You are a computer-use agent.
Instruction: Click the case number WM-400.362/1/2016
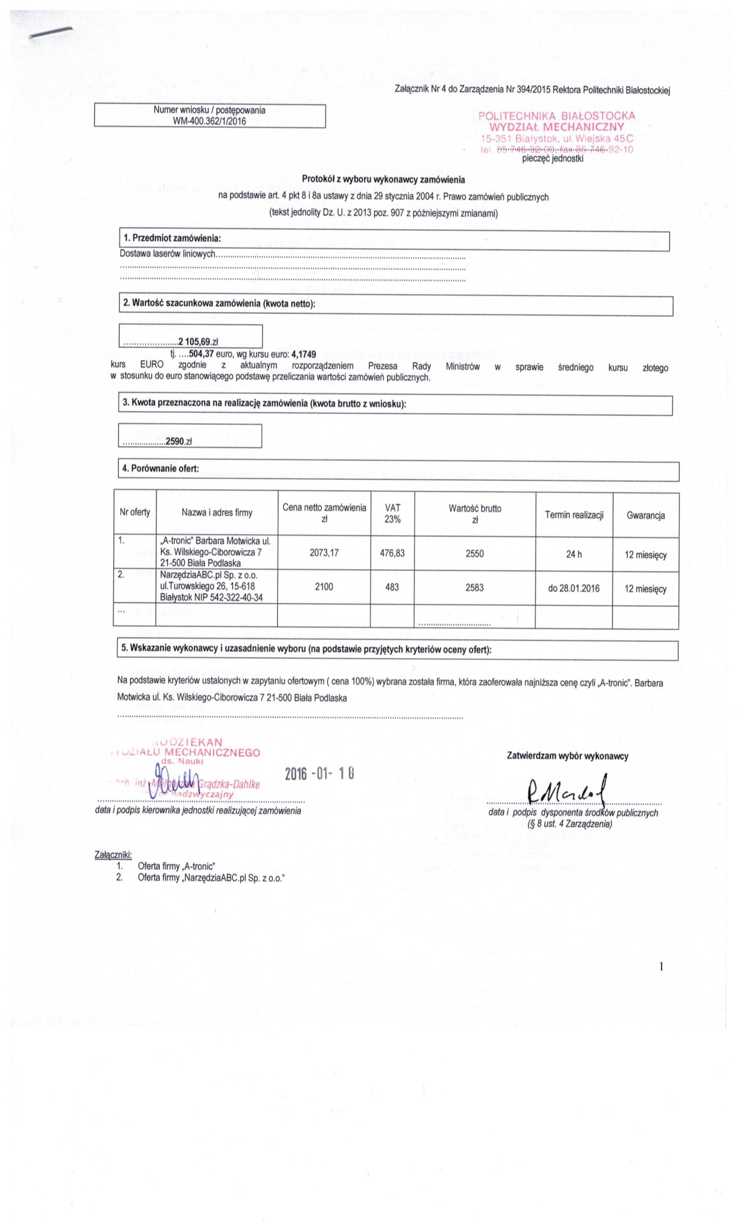coord(209,121)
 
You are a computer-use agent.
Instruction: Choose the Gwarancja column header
coord(645,516)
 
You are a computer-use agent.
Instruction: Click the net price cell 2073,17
coord(323,553)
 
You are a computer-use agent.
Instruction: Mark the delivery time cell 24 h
coord(574,554)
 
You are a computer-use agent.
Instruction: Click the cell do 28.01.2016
coord(574,589)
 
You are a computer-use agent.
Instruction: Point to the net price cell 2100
coord(323,587)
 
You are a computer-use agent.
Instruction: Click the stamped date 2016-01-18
coord(319,774)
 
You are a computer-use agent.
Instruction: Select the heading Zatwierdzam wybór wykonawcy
coord(567,756)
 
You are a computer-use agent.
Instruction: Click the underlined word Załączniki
coord(113,854)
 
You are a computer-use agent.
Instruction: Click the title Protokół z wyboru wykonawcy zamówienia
coord(383,179)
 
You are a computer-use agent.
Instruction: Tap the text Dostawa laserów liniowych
coord(167,254)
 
